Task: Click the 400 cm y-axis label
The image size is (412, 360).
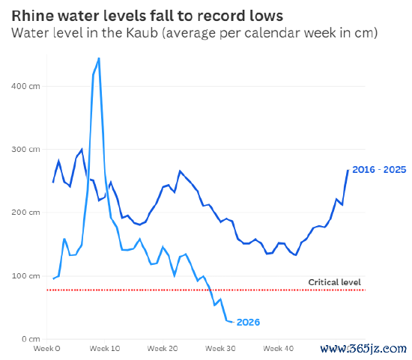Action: click(25, 86)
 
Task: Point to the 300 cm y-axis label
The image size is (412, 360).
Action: click(25, 149)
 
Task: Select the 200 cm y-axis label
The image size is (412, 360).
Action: click(25, 212)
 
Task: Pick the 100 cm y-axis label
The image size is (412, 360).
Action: click(25, 276)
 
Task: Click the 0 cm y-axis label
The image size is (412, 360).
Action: click(31, 339)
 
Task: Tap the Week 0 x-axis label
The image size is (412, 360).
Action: click(46, 349)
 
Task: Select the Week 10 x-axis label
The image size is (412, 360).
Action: click(105, 349)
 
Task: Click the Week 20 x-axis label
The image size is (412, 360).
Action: click(163, 349)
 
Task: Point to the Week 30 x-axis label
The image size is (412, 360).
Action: click(220, 349)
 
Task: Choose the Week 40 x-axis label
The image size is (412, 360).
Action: click(278, 349)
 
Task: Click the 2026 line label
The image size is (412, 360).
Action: click(248, 322)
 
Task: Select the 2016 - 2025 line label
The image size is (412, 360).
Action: click(379, 170)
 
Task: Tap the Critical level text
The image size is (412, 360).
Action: click(335, 282)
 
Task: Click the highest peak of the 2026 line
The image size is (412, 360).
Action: click(99, 58)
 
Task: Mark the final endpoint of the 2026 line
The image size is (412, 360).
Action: click(232, 322)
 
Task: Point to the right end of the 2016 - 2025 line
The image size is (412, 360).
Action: click(348, 170)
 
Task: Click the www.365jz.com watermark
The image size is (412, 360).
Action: click(363, 349)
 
